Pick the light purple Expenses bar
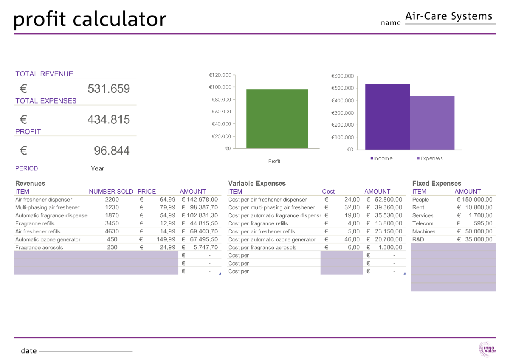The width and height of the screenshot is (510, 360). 432,123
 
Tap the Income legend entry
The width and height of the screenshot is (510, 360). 381,158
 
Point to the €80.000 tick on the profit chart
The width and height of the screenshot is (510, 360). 220,100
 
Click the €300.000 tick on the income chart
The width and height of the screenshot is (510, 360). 342,113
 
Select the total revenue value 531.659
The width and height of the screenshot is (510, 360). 108,89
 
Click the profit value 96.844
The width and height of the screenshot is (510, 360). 112,151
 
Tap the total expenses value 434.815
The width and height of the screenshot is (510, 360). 108,119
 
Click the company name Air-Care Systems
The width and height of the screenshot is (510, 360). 449,16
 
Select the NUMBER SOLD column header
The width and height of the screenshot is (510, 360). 111,192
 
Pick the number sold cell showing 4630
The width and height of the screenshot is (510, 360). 112,231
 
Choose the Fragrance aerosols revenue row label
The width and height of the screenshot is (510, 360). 39,247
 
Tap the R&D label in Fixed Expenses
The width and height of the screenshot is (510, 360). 418,239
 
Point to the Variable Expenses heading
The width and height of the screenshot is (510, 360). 257,183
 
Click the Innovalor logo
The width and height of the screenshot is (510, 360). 487,349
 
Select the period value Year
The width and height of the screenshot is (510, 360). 97,168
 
